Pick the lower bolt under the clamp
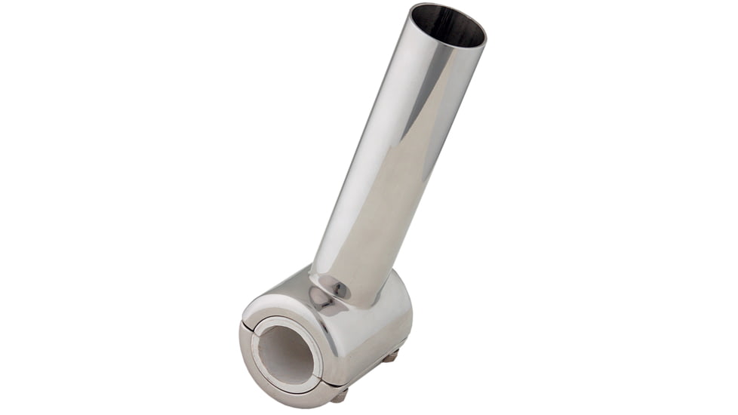coord(340,394)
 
